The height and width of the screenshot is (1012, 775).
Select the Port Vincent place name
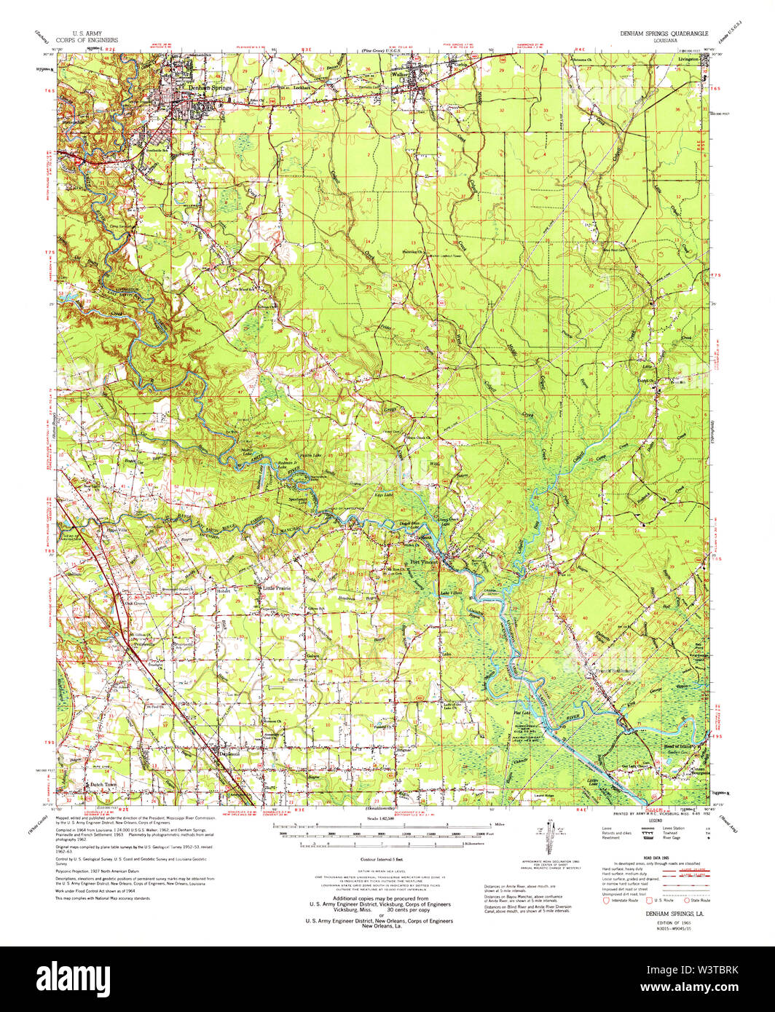click(426, 562)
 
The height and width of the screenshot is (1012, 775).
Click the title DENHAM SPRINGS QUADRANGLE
click(662, 33)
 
